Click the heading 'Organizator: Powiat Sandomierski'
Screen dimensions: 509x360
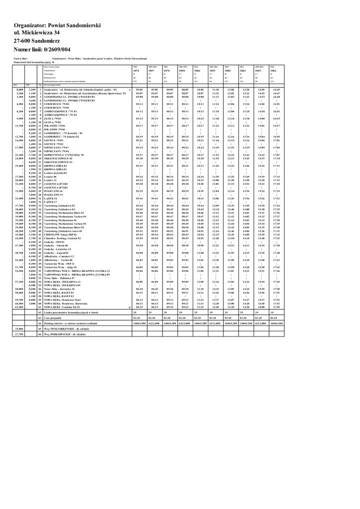click(x=58, y=25)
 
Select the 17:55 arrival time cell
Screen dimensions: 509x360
click(x=276, y=307)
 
